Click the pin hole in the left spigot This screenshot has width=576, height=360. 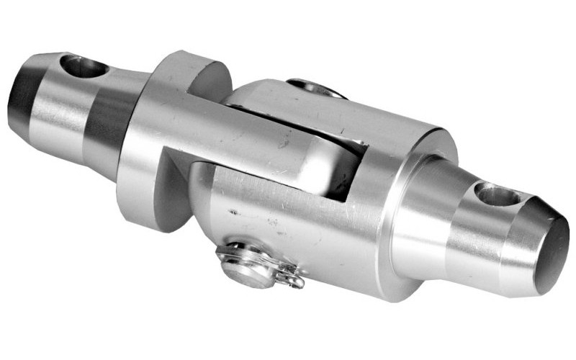coord(84,67)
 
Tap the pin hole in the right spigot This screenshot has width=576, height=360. coord(498,194)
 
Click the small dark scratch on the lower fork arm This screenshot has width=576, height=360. coord(232,212)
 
